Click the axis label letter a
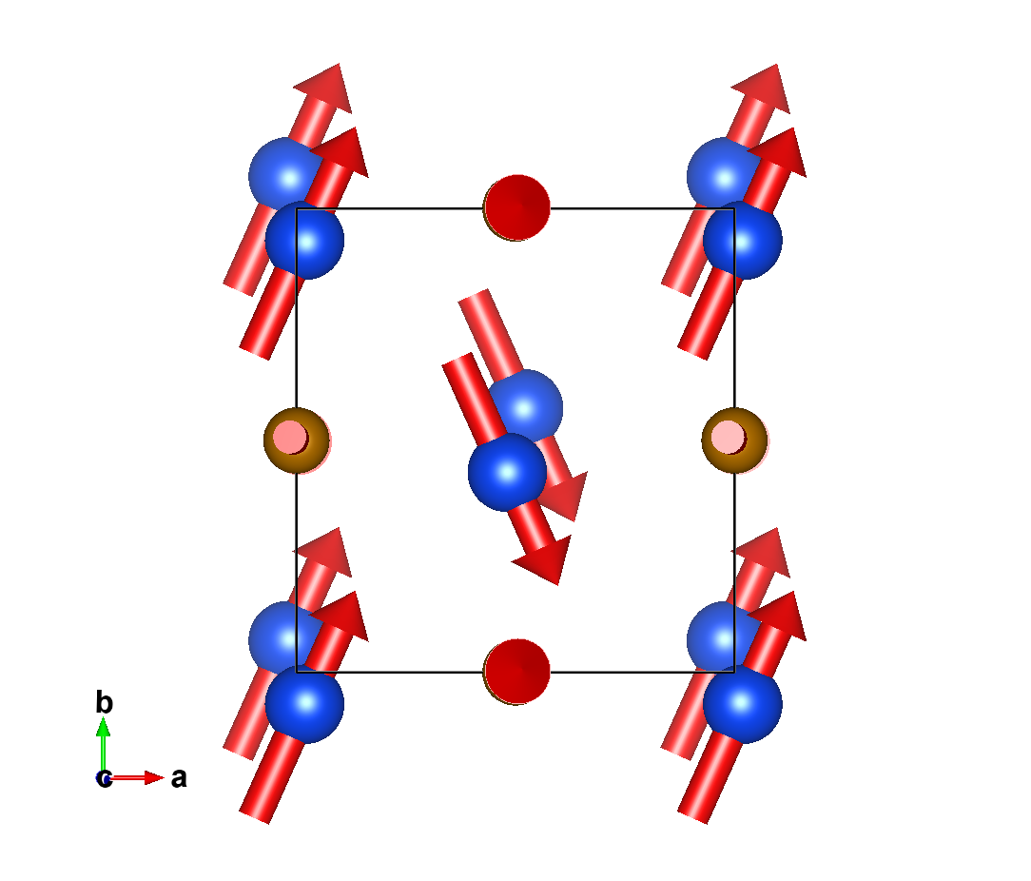pos(179,778)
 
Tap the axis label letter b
pos(105,703)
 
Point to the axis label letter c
pos(103,778)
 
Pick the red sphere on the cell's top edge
pos(517,207)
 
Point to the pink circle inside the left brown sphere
pos(289,438)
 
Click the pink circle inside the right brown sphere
pos(728,437)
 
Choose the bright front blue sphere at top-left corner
pos(304,240)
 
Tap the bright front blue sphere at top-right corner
pos(742,240)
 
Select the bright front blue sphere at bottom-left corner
pos(304,704)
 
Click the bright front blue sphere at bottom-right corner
pos(742,704)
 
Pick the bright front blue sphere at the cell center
pos(507,472)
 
